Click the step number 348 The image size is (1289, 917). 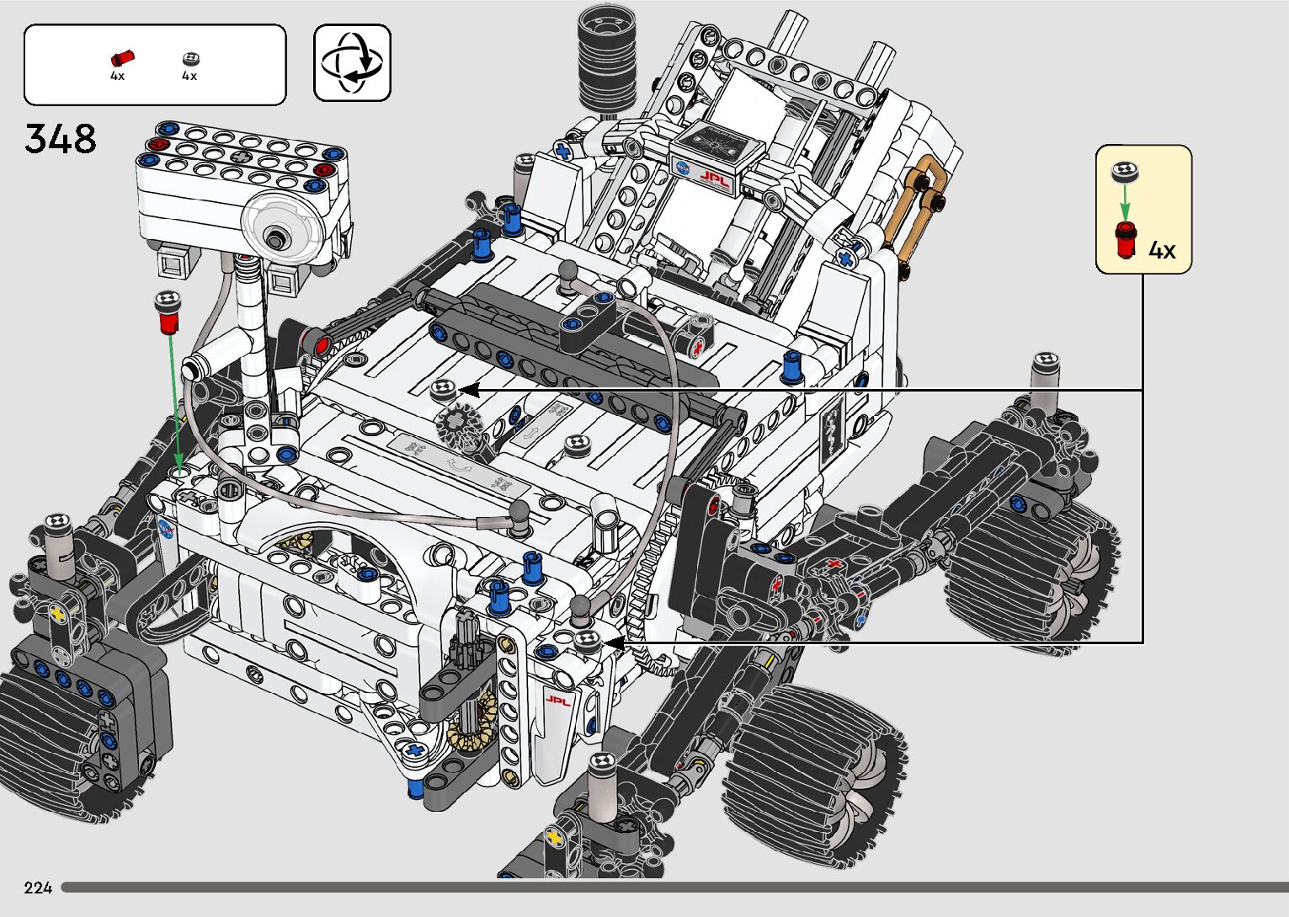[x=61, y=139]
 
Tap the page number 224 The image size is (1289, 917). [x=38, y=887]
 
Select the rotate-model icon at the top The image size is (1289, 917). [x=352, y=62]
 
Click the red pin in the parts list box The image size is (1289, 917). [x=122, y=58]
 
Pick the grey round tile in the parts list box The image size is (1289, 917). [x=191, y=59]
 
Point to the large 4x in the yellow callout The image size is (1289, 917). [x=1162, y=250]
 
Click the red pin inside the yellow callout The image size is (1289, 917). [x=1126, y=239]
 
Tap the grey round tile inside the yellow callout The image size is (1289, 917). [x=1125, y=172]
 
